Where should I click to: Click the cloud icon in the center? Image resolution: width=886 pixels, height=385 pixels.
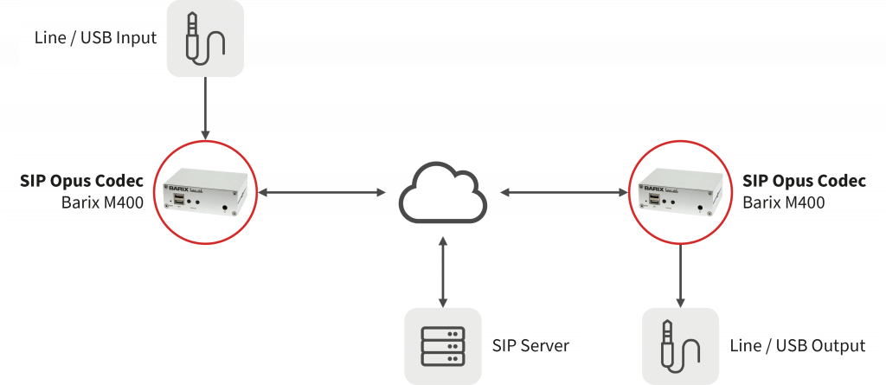[442, 196]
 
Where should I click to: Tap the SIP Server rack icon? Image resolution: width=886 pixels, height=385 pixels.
[442, 346]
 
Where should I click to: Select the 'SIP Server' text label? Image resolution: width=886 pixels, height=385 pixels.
[530, 346]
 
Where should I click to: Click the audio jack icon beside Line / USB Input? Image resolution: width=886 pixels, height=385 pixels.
[205, 38]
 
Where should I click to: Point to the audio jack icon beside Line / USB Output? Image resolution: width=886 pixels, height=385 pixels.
[680, 346]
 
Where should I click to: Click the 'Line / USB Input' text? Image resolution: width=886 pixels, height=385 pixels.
[95, 39]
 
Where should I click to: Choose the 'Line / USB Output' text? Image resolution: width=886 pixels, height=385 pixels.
[797, 346]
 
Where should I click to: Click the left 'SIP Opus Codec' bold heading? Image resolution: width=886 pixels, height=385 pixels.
[81, 182]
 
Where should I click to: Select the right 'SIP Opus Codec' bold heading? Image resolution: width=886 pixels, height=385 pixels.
[804, 182]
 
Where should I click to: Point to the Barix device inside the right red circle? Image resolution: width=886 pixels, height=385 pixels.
[680, 191]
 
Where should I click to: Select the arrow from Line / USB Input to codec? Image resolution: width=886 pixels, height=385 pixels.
[205, 107]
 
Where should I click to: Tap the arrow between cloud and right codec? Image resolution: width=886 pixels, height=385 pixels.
[563, 192]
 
